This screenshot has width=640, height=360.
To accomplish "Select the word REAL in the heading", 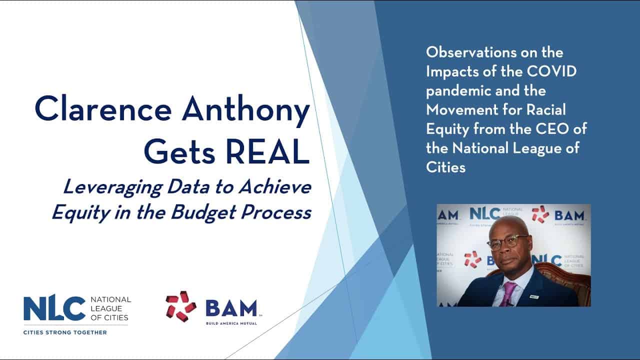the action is [x=267, y=150].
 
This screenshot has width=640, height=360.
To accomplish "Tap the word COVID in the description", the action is [x=551, y=71].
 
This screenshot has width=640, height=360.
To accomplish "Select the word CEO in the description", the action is [x=551, y=129].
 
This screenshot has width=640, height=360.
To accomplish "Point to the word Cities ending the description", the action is [x=445, y=167].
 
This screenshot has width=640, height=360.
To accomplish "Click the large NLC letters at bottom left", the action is [x=54, y=308].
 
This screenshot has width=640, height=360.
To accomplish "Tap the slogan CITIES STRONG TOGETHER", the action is [x=65, y=332].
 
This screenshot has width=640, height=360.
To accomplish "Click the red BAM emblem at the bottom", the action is [x=180, y=306].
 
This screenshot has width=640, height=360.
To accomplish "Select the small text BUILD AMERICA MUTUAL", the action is [x=231, y=323].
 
